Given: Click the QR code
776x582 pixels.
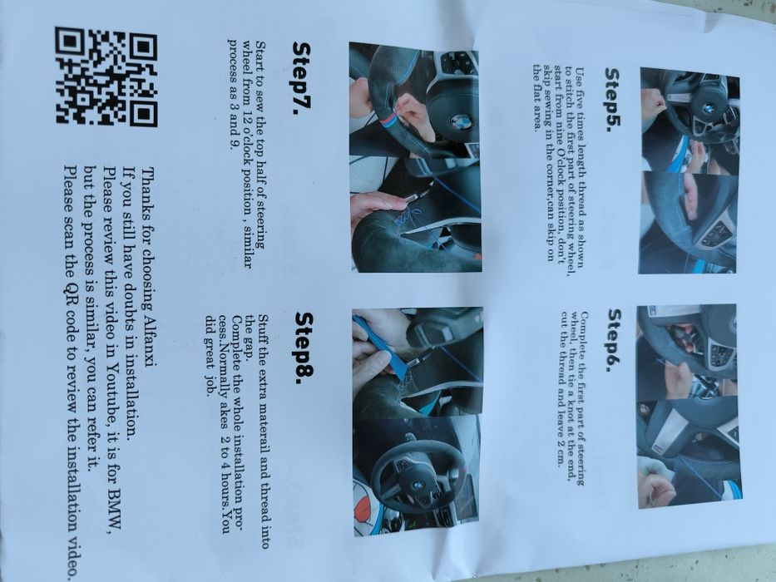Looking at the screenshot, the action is point(106,76).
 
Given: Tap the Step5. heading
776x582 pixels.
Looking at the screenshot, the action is point(613,100).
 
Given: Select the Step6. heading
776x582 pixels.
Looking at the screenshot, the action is point(615,341).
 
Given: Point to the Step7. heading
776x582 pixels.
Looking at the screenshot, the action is point(301,78).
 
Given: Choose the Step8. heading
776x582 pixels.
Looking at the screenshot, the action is point(304,348).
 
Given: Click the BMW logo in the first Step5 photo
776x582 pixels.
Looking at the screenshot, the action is point(708,108).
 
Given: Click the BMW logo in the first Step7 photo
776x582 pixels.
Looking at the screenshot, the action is point(462,121).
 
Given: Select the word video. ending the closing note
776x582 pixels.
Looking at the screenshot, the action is point(72,555).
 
